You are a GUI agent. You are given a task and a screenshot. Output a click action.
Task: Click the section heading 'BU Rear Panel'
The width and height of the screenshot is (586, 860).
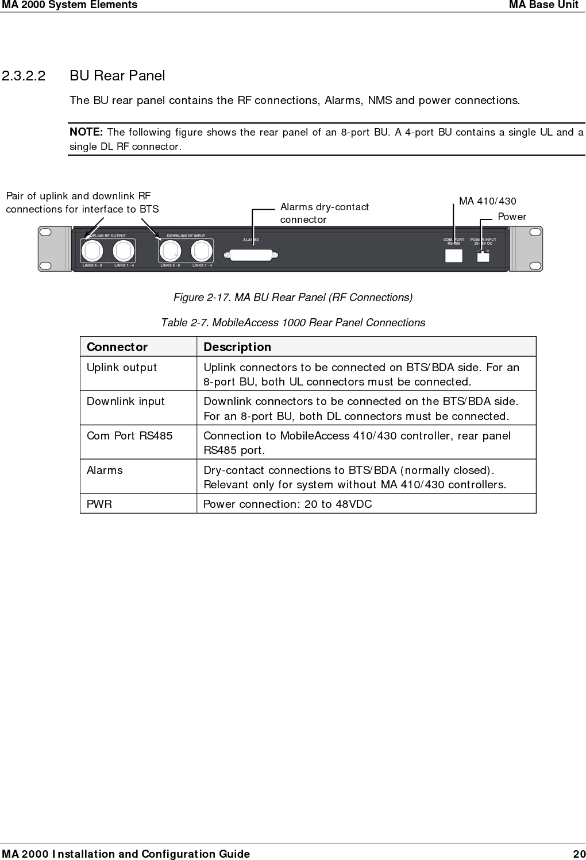117,76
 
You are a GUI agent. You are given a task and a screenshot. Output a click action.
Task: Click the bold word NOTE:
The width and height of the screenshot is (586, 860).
86,132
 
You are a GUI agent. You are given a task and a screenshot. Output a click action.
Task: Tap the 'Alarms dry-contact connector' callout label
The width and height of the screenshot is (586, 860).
324,213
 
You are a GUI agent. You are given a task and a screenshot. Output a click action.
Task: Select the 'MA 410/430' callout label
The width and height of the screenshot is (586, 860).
487,201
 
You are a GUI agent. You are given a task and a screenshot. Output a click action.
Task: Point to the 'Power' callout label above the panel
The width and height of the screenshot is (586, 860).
511,217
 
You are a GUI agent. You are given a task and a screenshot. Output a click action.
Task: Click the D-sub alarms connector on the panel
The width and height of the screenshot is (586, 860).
252,255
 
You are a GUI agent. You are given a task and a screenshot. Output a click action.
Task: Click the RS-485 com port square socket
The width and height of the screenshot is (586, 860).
454,255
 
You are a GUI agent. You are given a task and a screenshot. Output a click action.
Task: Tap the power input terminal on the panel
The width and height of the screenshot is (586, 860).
483,256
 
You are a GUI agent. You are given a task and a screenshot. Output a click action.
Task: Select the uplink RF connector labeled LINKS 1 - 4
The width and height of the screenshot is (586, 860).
124,251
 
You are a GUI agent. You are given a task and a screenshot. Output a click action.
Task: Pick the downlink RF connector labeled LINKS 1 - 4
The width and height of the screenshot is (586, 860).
202,251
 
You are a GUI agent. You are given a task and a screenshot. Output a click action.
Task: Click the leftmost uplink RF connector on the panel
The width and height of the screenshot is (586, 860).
92,251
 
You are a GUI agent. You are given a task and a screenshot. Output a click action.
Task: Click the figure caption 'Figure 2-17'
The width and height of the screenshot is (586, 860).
293,297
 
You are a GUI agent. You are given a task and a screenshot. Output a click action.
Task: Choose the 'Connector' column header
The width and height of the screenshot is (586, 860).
117,347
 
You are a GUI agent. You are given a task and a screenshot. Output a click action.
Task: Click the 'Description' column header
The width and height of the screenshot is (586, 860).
237,347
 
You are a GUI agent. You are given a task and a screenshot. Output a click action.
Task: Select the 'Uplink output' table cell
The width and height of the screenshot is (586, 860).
122,368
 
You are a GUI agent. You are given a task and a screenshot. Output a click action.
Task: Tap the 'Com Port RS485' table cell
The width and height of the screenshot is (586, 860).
129,436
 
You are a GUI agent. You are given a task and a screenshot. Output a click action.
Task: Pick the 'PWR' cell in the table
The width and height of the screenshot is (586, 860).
99,504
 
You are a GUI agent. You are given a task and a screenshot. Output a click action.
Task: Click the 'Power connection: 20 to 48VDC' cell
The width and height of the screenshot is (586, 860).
288,504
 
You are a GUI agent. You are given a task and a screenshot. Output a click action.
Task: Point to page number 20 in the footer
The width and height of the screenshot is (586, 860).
579,854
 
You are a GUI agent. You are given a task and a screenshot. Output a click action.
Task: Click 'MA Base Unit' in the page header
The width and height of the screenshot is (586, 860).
543,5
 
